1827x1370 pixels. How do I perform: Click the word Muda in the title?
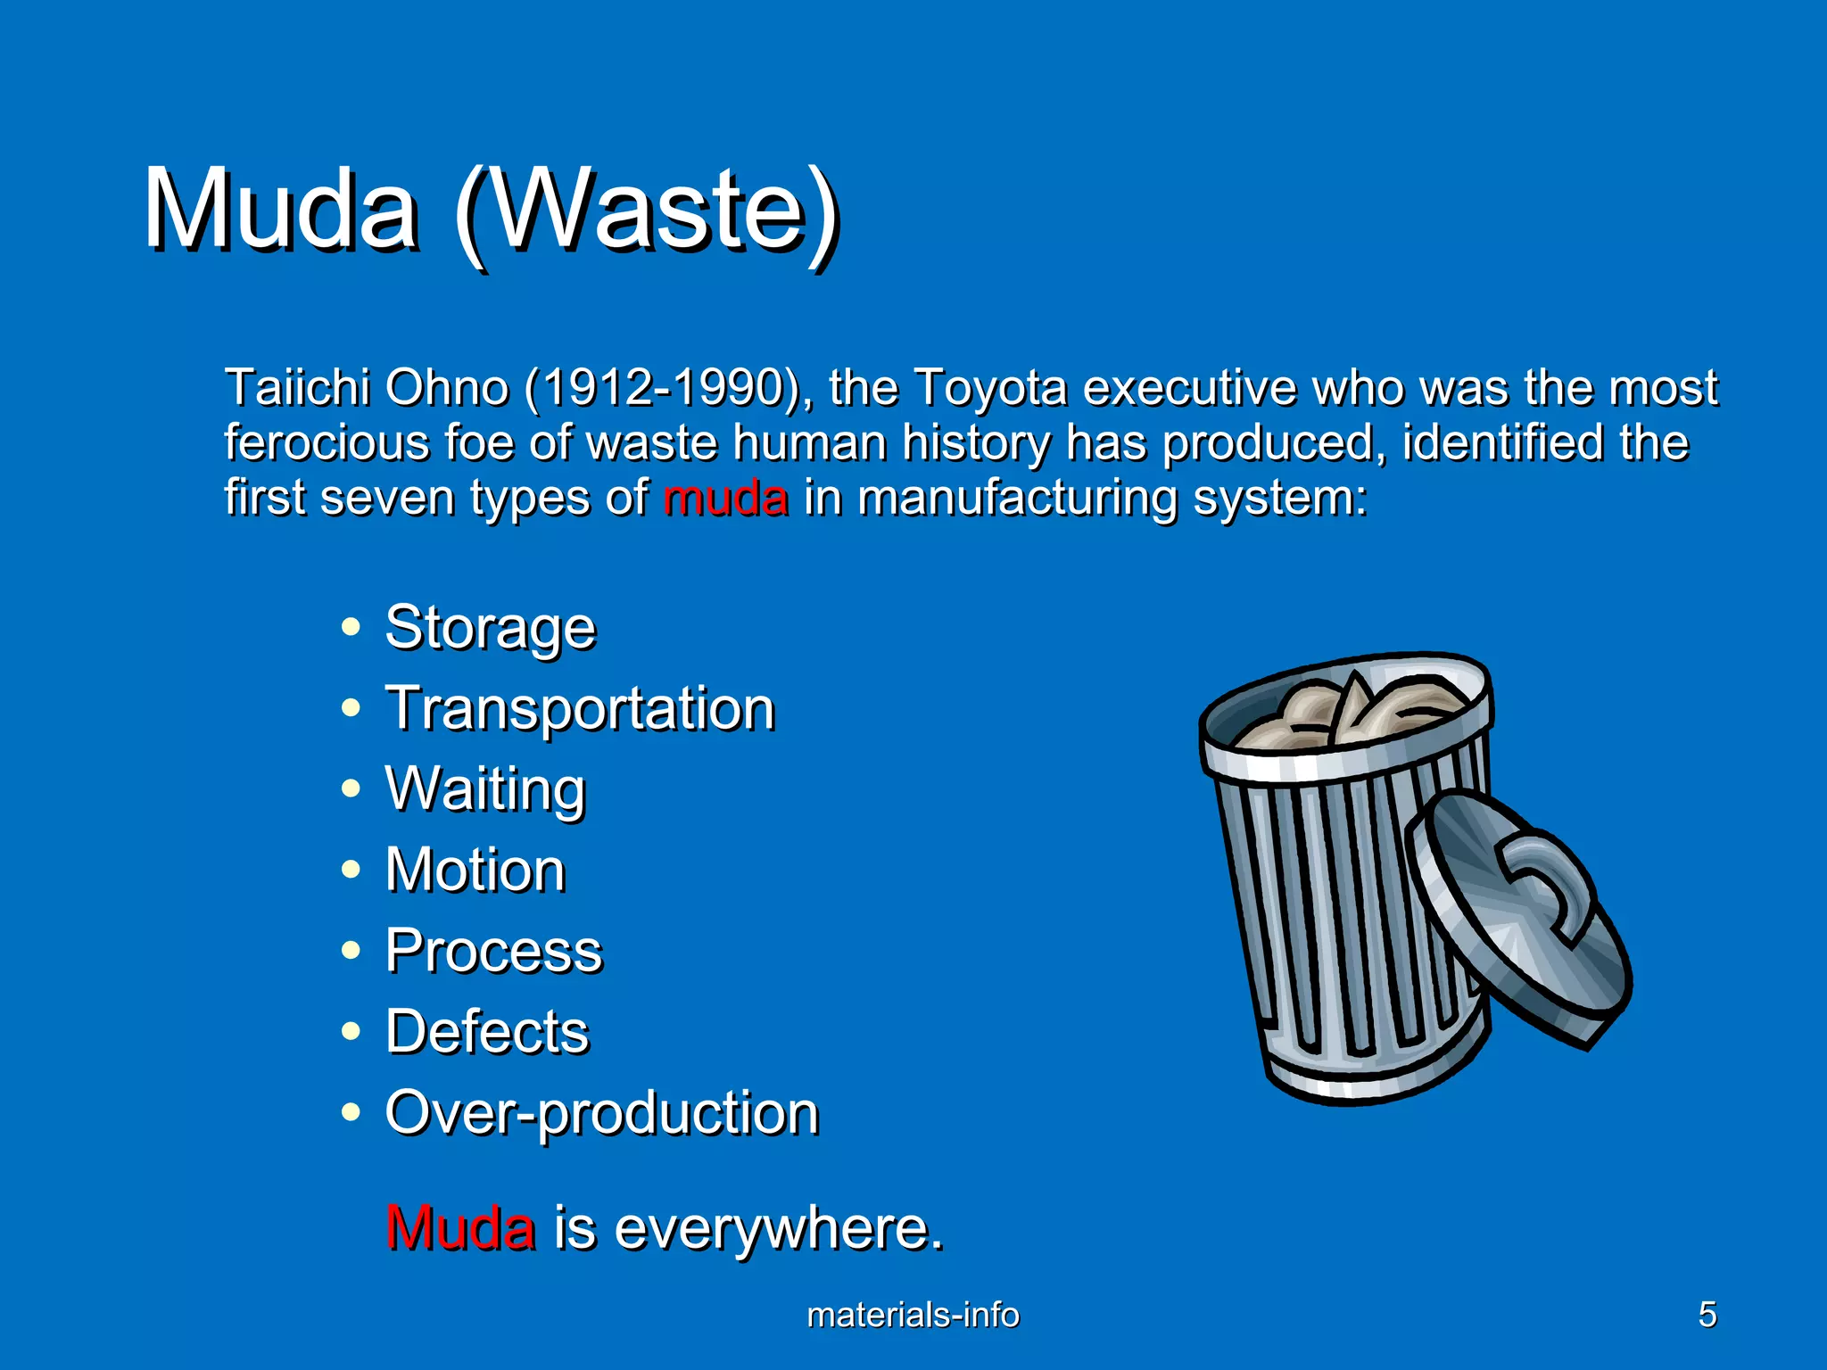[x=280, y=210]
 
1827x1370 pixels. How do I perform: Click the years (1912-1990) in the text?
[x=667, y=388]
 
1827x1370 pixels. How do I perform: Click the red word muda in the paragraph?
[x=725, y=498]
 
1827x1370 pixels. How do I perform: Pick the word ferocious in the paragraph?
[x=326, y=443]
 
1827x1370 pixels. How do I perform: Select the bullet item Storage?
[x=490, y=627]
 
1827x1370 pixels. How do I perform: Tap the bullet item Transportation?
[x=580, y=709]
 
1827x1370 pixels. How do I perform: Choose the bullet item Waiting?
[x=485, y=789]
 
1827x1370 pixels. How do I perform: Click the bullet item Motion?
[x=475, y=870]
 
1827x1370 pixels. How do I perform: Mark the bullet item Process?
[x=493, y=951]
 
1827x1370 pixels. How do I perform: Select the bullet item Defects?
[x=487, y=1032]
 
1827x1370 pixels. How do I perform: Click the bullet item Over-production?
[x=601, y=1113]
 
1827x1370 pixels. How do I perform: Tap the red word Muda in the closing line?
[x=460, y=1228]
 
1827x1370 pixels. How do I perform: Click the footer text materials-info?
[x=913, y=1315]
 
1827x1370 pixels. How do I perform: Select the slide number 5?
[x=1707, y=1315]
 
